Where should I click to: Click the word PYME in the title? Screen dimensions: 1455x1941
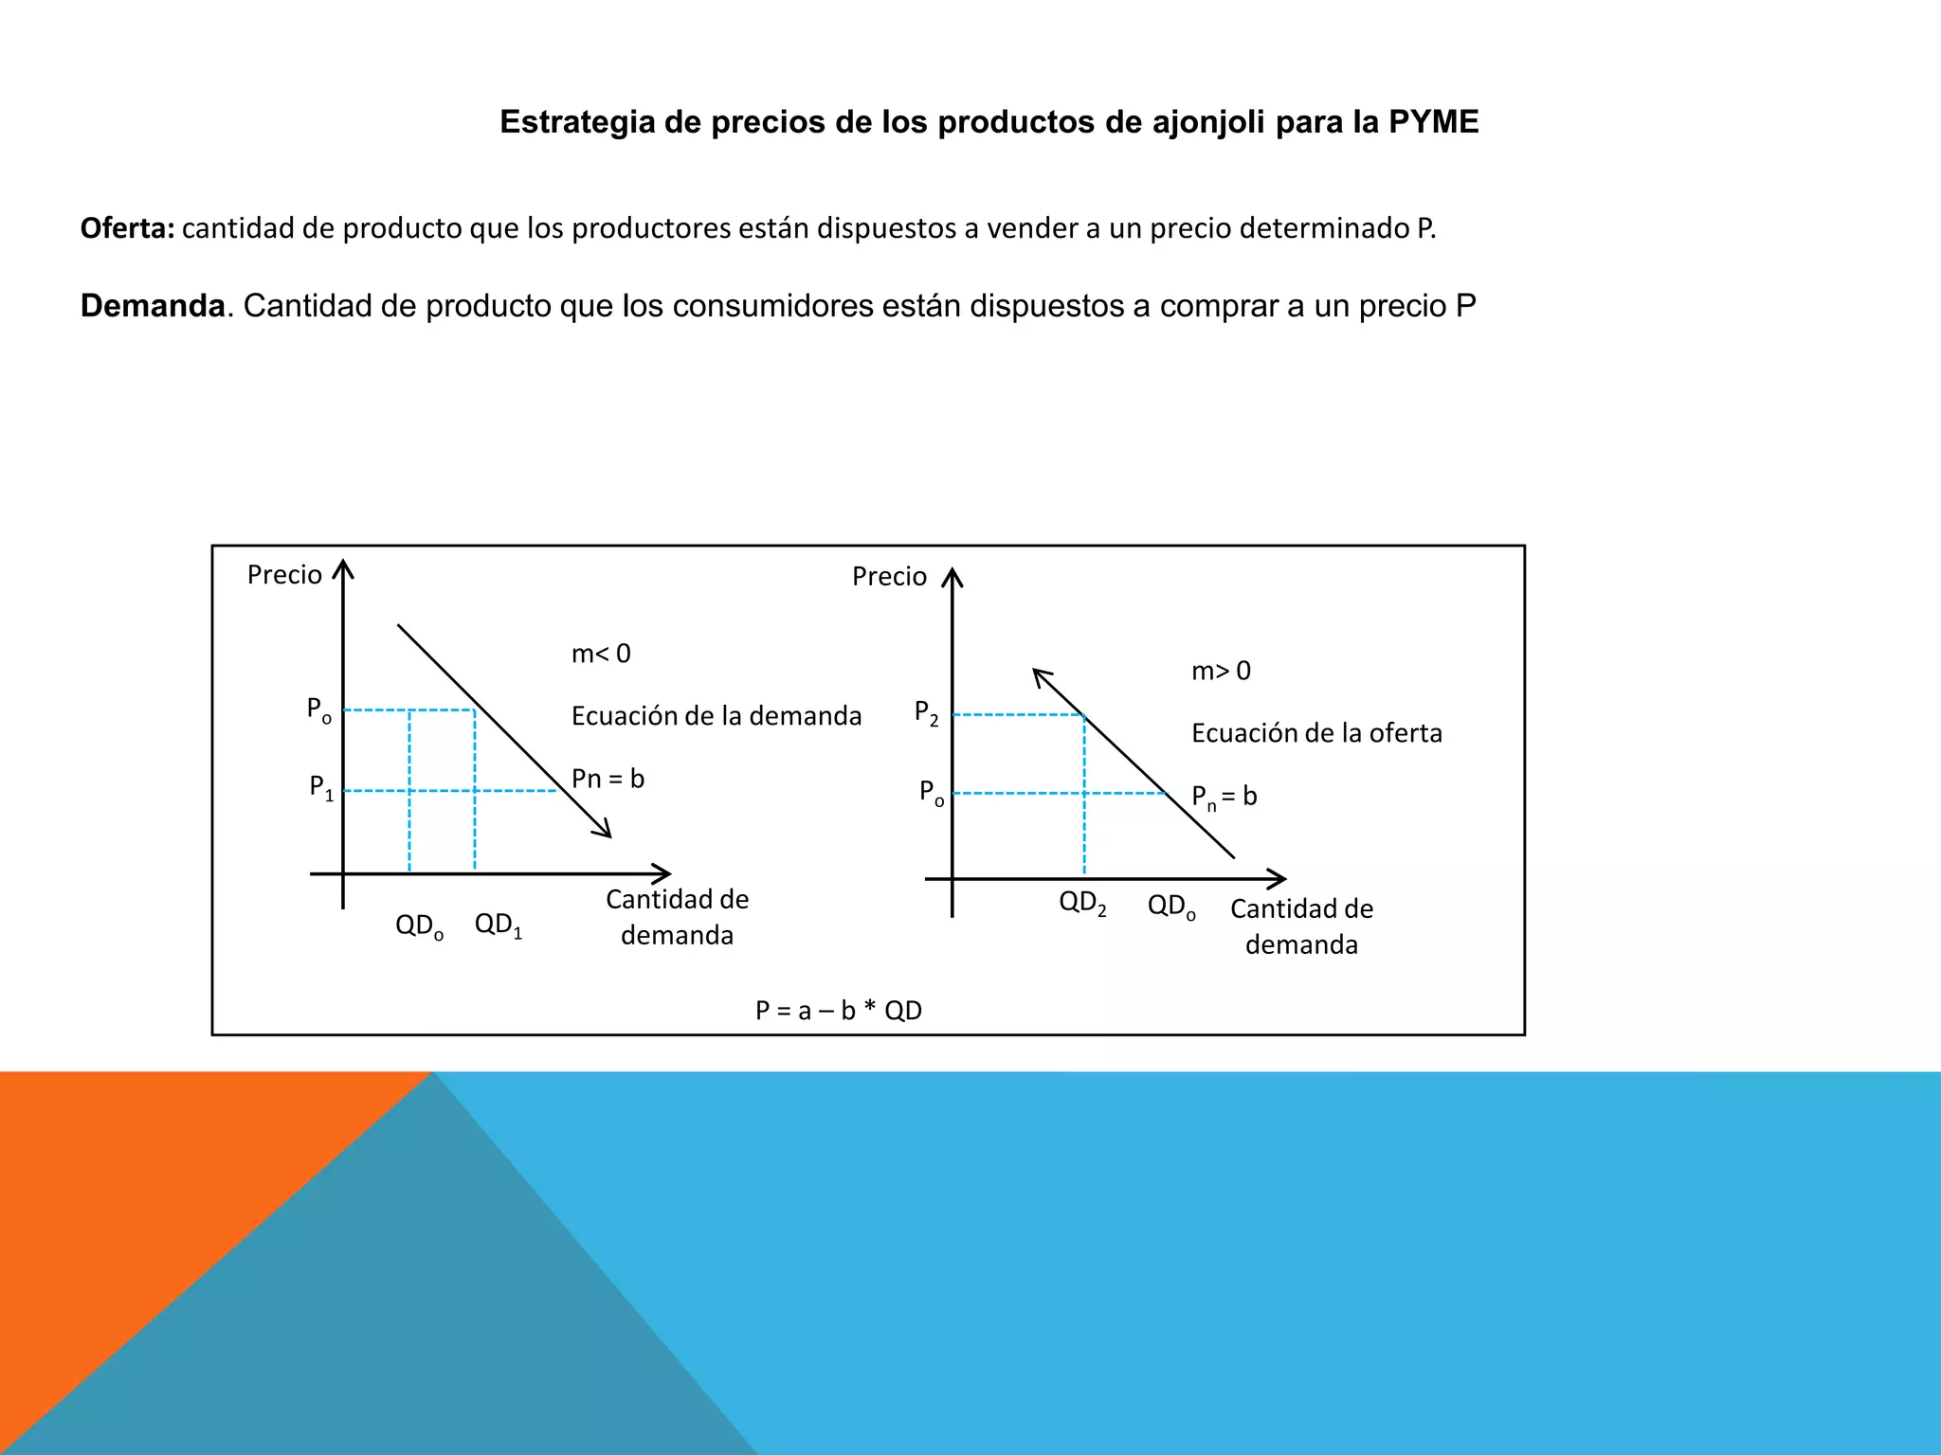(1433, 122)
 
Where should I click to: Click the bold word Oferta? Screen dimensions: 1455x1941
(127, 228)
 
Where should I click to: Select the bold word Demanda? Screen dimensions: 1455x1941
(153, 306)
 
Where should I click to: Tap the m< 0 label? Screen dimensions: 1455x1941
(601, 654)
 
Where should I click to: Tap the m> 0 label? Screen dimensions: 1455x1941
(1221, 671)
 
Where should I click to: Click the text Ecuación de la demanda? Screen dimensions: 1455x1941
(717, 716)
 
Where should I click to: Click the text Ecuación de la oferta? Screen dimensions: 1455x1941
(1316, 733)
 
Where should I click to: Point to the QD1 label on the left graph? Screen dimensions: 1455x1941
(499, 925)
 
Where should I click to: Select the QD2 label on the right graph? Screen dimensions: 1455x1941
(1082, 903)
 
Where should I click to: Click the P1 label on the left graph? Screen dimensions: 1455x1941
(321, 787)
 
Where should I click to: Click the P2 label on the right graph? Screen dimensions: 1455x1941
(926, 712)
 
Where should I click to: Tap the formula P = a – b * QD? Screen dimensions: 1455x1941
(838, 1011)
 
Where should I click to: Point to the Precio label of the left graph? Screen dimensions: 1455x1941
(284, 575)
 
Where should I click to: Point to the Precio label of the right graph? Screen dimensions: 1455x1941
(889, 577)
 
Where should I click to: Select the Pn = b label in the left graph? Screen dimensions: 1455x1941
(608, 779)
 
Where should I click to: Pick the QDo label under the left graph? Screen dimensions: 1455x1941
(419, 925)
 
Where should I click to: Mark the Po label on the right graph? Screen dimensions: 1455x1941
(932, 792)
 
